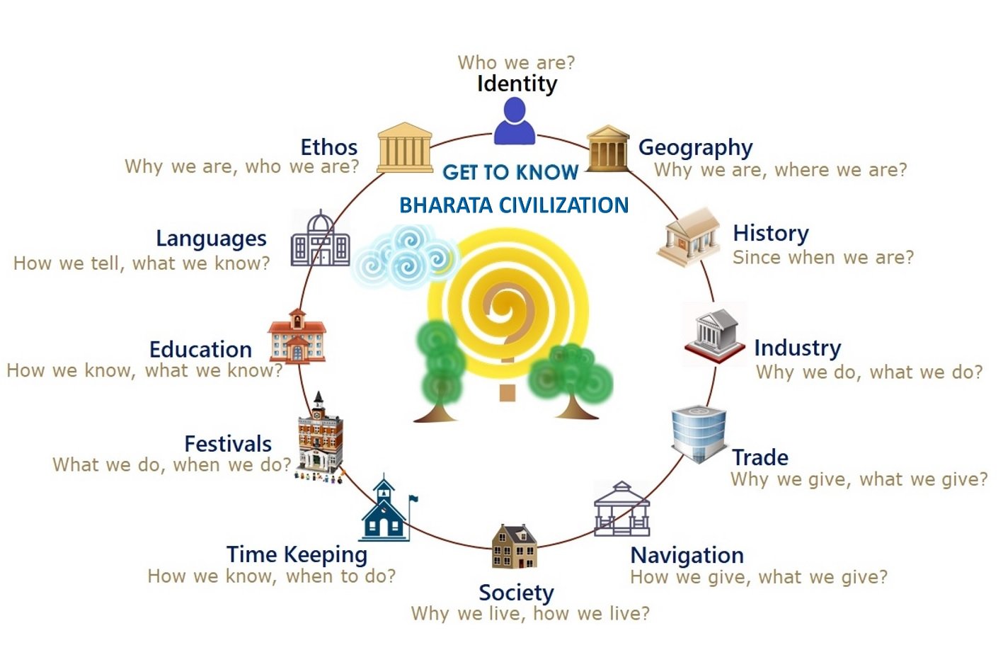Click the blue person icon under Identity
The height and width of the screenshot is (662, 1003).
pos(515,121)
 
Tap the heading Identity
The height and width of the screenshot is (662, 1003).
pos(517,84)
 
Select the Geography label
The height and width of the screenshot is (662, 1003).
pos(695,148)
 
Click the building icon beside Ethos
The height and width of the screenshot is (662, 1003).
pos(405,147)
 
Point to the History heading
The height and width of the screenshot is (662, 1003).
pos(771,234)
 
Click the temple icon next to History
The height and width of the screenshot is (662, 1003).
pos(689,237)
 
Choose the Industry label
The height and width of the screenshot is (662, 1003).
pos(798,348)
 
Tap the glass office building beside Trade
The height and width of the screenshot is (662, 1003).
pos(699,434)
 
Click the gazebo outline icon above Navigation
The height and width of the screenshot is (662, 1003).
pos(621,509)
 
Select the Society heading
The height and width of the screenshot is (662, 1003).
pos(516,593)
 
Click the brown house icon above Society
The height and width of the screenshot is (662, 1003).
pos(514,546)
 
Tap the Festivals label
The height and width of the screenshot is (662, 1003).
pos(228,445)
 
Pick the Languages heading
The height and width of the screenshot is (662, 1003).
pos(212,239)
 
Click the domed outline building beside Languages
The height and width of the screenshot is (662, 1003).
pos(320,239)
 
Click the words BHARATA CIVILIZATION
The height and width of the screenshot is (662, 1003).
pos(514,205)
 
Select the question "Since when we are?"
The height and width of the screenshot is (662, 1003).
pos(823,258)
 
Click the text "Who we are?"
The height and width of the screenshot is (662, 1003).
pos(516,63)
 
